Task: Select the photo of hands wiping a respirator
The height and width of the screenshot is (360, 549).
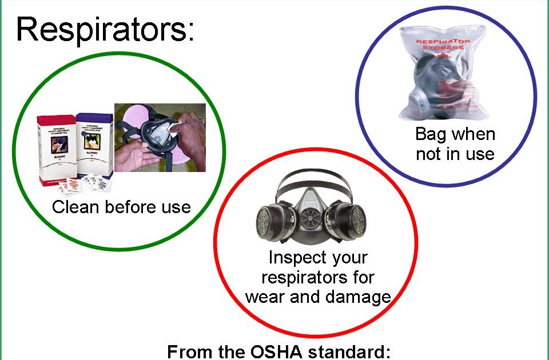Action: coord(160,138)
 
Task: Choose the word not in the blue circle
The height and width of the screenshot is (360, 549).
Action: coord(429,154)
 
